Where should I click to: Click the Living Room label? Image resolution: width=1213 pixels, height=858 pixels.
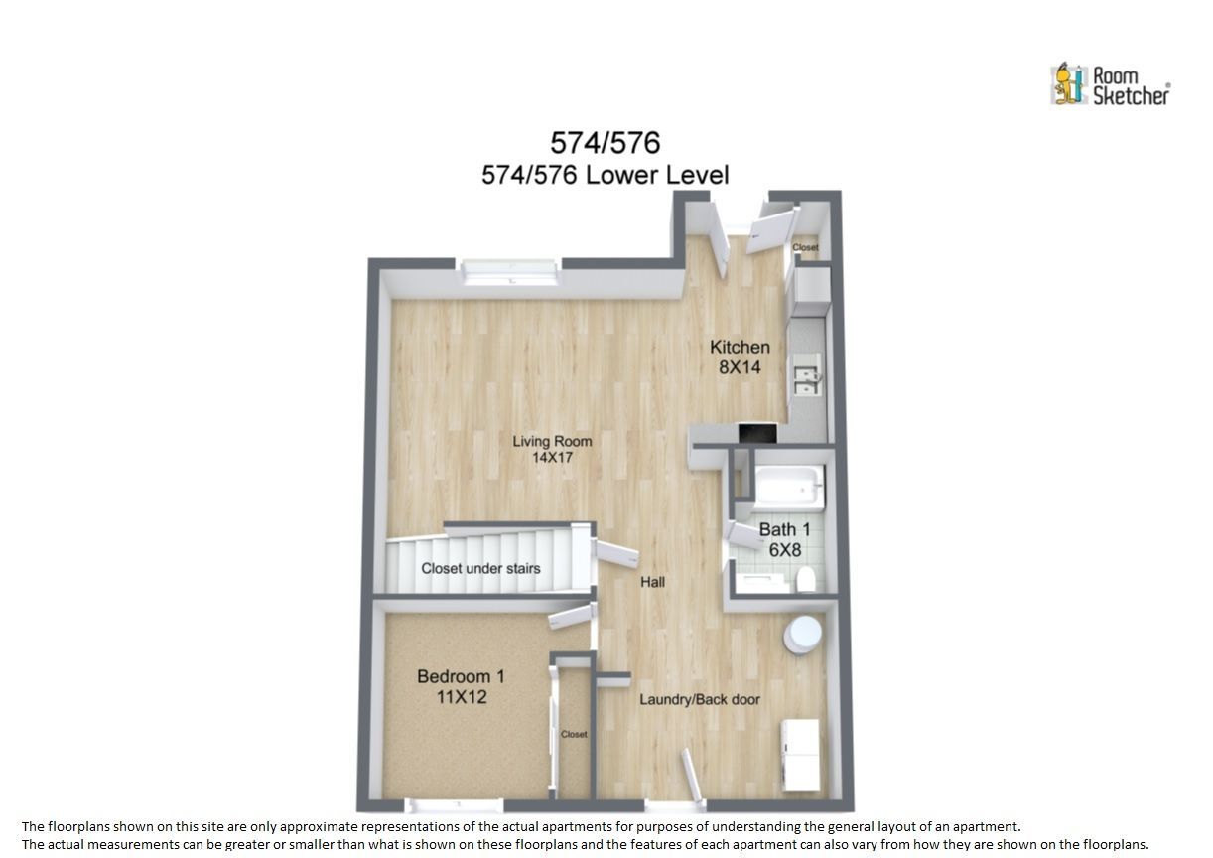pos(552,449)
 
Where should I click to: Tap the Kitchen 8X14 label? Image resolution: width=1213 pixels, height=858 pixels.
pos(740,357)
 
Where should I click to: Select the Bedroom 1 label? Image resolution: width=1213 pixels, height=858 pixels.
pos(462,686)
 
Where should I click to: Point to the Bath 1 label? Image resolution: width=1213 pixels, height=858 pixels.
pos(784,539)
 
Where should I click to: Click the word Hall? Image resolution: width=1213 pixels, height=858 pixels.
pos(652,582)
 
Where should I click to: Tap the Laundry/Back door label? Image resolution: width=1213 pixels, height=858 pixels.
pos(700,699)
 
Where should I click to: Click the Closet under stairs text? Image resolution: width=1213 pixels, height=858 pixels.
pos(480,568)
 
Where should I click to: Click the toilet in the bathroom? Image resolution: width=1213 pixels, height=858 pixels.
pos(806,580)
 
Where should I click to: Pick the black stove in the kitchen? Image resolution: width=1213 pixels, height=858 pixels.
pos(757,433)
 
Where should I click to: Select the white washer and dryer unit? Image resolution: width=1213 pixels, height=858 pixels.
pos(799,755)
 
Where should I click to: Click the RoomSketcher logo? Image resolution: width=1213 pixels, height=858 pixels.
pos(1110,85)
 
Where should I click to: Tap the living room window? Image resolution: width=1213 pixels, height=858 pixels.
pos(509,272)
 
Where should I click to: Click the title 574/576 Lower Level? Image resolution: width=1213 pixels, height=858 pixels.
pos(606,175)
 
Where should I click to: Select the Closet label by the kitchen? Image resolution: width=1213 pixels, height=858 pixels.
pos(805,247)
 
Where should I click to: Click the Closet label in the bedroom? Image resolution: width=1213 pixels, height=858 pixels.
pos(574,734)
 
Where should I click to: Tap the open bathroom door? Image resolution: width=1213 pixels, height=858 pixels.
pos(744,535)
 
